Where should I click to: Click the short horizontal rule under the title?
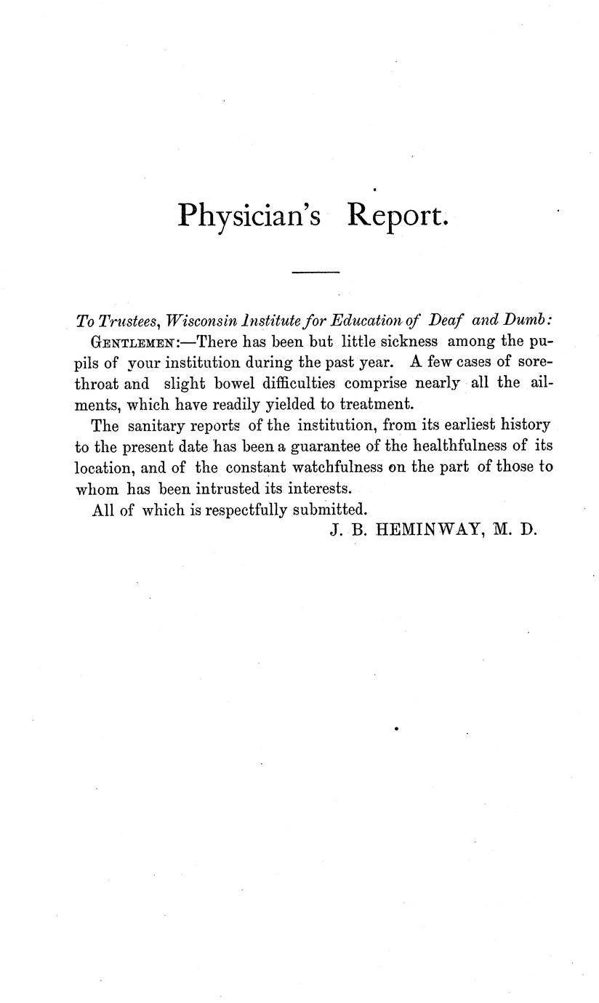coord(315,273)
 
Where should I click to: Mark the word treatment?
coord(377,403)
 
